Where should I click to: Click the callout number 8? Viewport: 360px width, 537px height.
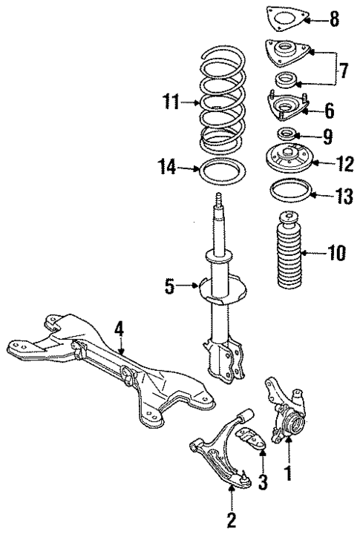point(334,20)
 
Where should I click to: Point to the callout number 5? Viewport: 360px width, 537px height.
point(169,285)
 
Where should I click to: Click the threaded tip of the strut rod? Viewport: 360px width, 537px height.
point(219,200)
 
